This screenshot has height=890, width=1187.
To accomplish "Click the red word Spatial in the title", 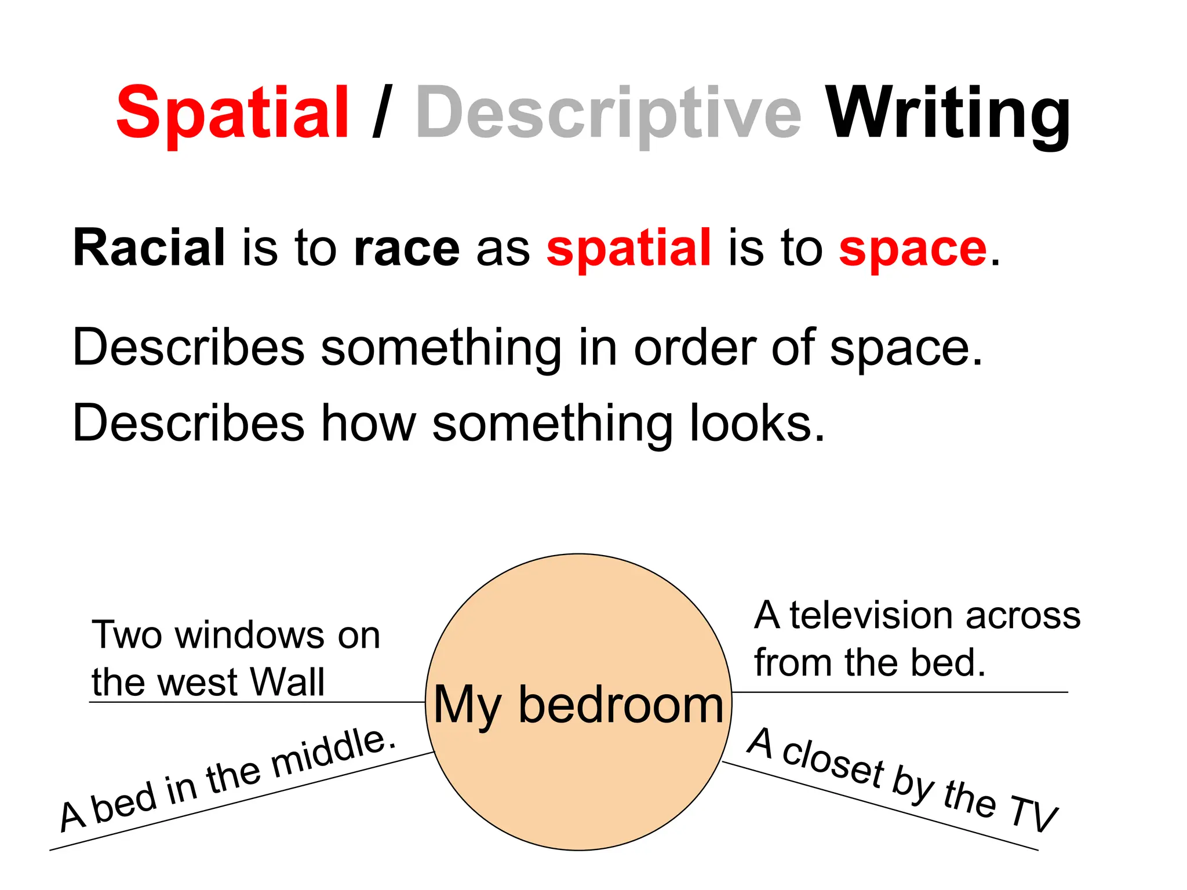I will click(x=232, y=112).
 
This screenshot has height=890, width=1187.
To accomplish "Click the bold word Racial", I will click(x=149, y=248).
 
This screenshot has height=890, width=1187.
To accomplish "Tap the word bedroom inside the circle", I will click(x=621, y=705).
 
